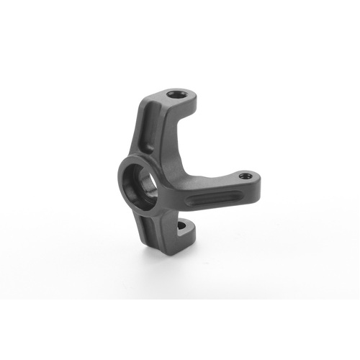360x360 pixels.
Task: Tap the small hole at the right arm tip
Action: (x=243, y=174)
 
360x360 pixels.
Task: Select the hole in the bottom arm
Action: (x=182, y=228)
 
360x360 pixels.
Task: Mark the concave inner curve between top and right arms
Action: (x=194, y=155)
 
